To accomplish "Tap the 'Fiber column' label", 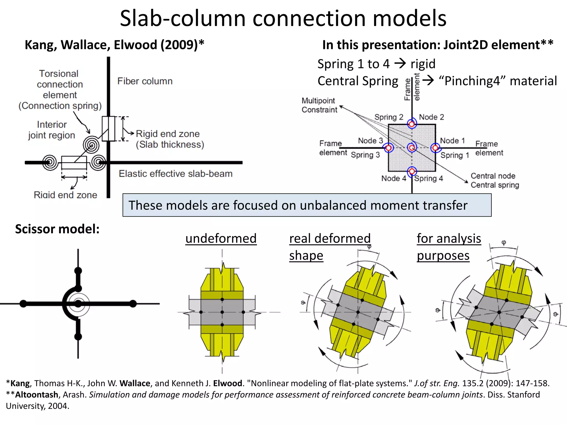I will pos(145,81).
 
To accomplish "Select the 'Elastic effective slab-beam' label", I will pos(176,174).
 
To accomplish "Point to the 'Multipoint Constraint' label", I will pos(319,105).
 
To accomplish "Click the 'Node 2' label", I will pos(431,117).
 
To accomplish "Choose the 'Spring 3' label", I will pos(365,155).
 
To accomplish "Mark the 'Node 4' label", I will pos(393,178).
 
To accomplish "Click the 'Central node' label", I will pos(493,176).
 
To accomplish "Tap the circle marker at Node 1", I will pos(435,148).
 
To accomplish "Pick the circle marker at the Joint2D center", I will pos(412,148).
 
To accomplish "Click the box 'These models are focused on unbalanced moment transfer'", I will pos(307,205).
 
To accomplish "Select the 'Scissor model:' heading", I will pos(57,229).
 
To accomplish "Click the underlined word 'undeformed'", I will pos(221,239).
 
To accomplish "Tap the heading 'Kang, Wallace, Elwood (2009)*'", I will pos(114,45).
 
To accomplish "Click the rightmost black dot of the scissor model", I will pos(133,304).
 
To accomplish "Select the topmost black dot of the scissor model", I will pos(78,270).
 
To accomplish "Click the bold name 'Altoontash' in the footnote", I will pos(37,395).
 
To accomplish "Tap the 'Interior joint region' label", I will pos(52,130).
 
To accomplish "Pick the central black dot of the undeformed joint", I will pos(222,312).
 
